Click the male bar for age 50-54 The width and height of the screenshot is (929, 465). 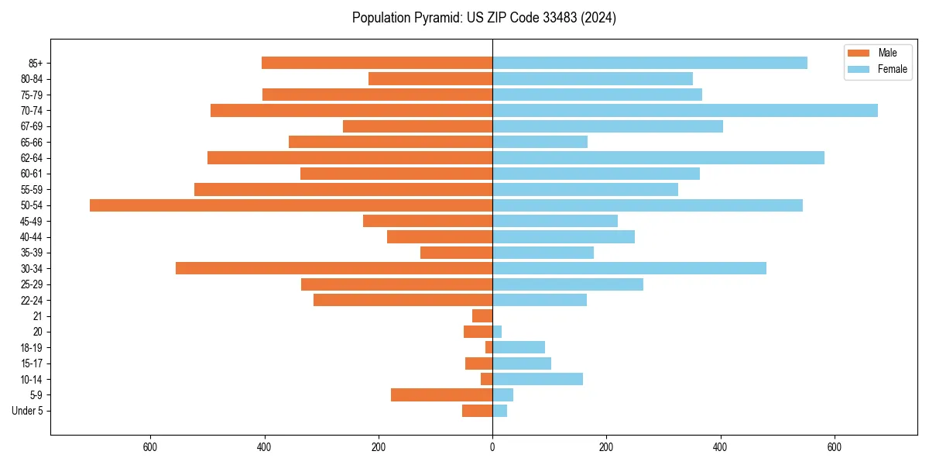pyautogui.click(x=291, y=205)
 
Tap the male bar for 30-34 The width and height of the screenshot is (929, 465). pyautogui.click(x=334, y=268)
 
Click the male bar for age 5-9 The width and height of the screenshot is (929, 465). pyautogui.click(x=441, y=394)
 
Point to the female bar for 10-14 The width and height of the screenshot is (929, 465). pyautogui.click(x=537, y=379)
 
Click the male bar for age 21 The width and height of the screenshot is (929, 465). pyautogui.click(x=482, y=316)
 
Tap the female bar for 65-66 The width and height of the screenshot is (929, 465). pyautogui.click(x=540, y=142)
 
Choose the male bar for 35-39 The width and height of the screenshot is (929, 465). pyautogui.click(x=456, y=253)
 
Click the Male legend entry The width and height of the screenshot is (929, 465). pyautogui.click(x=876, y=53)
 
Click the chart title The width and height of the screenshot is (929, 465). pyautogui.click(x=484, y=18)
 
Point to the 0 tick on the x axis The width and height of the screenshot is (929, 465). pyautogui.click(x=492, y=447)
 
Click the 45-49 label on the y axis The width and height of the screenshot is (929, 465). pyautogui.click(x=32, y=221)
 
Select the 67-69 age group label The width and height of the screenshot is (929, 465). pyautogui.click(x=32, y=126)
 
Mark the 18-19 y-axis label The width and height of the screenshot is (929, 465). pyautogui.click(x=32, y=347)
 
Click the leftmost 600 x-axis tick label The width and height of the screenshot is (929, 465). pyautogui.click(x=150, y=447)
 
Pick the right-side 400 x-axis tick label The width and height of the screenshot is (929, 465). pyautogui.click(x=721, y=447)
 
